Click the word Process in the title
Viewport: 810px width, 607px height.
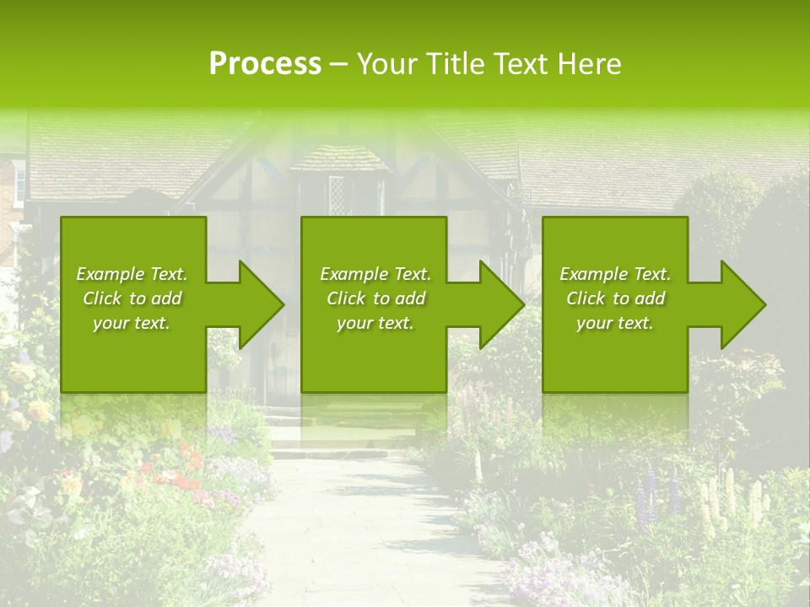coord(265,64)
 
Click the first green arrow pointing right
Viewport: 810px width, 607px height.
coord(253,304)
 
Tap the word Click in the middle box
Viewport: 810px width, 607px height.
coord(347,298)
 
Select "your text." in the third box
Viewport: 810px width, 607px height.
coord(614,323)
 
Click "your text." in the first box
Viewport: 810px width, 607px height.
coord(131,323)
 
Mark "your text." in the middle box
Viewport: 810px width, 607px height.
coord(375,323)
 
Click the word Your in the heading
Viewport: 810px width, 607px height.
coord(385,64)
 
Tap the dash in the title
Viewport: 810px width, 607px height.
coord(339,64)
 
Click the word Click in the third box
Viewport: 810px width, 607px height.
coord(586,298)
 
